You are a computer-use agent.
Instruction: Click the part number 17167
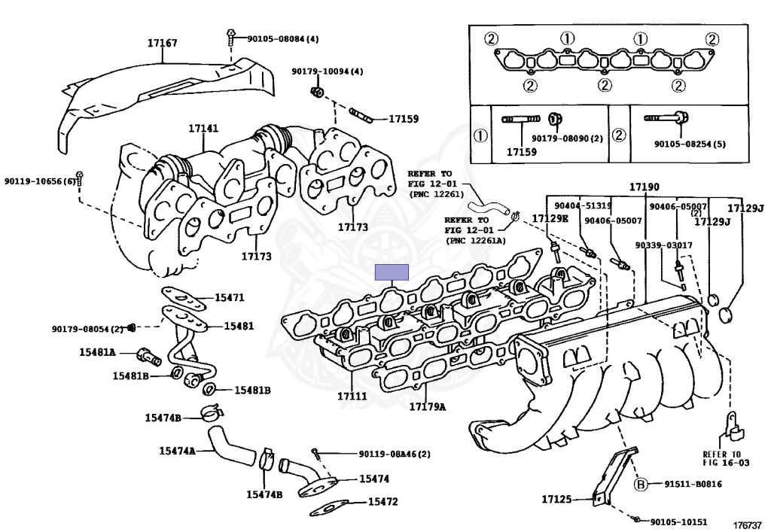point(162,44)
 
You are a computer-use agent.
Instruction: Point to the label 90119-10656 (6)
point(40,181)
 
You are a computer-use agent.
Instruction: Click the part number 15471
point(230,298)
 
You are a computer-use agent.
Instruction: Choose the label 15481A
point(97,352)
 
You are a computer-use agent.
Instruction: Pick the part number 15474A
point(177,451)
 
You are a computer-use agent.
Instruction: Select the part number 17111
point(352,397)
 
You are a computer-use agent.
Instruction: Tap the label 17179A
point(427,407)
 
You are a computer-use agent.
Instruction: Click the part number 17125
point(556,499)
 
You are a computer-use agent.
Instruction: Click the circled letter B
point(641,484)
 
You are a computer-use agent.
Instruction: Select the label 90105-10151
point(678,521)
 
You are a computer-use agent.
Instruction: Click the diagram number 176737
point(748,525)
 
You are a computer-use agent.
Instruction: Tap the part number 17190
point(645,186)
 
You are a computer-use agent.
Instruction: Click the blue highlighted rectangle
point(392,272)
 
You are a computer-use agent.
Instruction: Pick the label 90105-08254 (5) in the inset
point(689,144)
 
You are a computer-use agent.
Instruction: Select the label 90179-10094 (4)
point(328,71)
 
